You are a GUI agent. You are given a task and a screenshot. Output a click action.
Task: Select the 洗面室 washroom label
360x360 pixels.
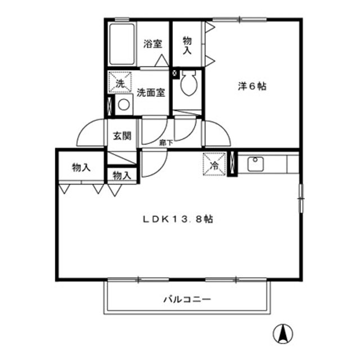(151, 93)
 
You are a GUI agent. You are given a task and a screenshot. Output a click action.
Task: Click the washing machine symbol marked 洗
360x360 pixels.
(120, 83)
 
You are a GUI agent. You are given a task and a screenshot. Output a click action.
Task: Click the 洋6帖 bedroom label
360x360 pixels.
(251, 87)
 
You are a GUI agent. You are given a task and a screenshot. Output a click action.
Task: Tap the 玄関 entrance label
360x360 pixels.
(121, 136)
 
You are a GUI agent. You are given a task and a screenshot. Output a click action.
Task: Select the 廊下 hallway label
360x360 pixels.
(165, 143)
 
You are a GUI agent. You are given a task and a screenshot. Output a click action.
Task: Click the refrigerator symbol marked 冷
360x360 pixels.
(215, 165)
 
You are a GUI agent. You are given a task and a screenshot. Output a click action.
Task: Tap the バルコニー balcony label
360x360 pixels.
(187, 299)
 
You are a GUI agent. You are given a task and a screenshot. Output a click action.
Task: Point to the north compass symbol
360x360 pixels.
(284, 335)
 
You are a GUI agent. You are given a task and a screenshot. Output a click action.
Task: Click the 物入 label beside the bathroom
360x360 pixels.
(187, 44)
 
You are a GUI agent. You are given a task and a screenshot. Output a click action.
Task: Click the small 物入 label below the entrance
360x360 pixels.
(121, 176)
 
